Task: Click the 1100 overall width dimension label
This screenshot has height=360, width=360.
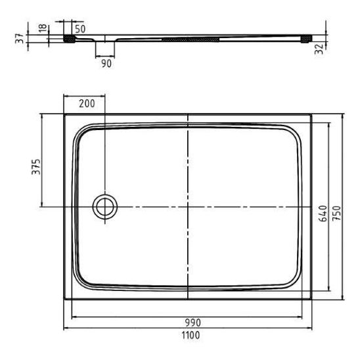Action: [191, 336]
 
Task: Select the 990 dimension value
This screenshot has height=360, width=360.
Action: [193, 323]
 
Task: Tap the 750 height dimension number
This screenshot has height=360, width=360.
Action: [336, 214]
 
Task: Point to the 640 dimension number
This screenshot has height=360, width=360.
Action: [323, 214]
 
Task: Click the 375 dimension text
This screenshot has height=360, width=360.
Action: [36, 167]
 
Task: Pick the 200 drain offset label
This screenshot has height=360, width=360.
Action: [87, 104]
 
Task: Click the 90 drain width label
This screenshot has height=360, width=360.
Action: [106, 63]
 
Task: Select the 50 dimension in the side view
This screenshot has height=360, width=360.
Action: [80, 29]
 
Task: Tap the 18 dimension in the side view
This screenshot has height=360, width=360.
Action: [43, 28]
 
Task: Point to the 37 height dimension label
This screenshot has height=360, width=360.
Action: [20, 38]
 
